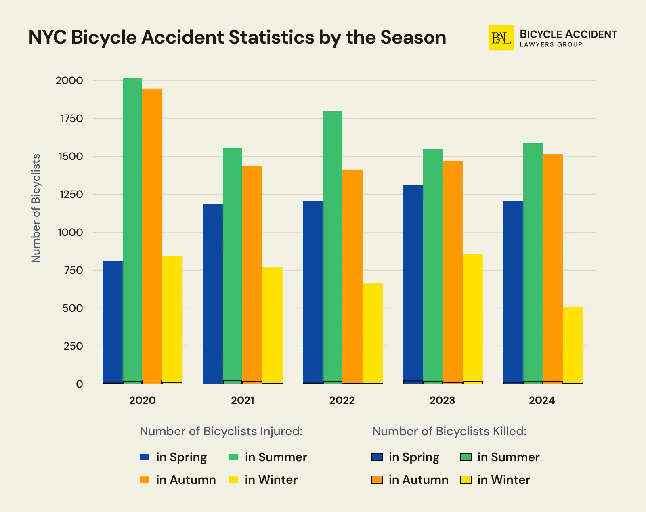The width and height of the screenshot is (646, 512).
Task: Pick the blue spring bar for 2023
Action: (413, 283)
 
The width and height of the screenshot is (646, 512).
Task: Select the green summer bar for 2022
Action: (333, 246)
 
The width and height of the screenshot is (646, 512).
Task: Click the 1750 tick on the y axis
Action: (72, 118)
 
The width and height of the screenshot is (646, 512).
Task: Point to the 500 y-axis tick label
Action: (73, 308)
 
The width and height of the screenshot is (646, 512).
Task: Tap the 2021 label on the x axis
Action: (242, 400)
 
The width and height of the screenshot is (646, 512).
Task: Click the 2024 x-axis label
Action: (542, 400)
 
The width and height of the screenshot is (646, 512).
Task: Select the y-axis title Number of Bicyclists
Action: (36, 208)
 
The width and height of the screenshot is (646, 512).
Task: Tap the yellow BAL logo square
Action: (501, 38)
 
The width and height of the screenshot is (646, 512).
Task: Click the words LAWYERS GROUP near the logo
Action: (551, 44)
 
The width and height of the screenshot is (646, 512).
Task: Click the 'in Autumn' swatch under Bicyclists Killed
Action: (377, 480)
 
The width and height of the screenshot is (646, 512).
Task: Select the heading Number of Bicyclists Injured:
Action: (221, 431)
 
